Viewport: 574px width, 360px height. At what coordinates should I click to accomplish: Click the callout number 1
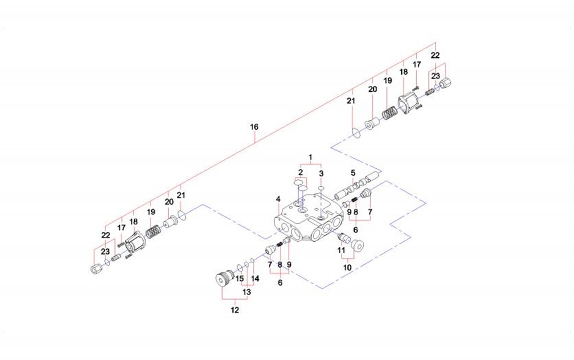[x=311, y=157]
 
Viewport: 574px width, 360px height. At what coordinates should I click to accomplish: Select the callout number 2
[x=300, y=173]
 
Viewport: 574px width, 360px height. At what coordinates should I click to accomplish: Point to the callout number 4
[x=279, y=199]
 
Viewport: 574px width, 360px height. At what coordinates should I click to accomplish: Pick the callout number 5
[x=354, y=173]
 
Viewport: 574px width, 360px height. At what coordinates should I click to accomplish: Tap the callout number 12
[x=235, y=310]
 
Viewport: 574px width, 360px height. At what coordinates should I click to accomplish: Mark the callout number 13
[x=246, y=292]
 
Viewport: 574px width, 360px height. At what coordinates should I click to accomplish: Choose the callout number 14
[x=255, y=279]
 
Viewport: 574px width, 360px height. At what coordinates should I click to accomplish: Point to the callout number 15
[x=239, y=279]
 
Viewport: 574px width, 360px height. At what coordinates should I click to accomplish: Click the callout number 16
[x=254, y=127]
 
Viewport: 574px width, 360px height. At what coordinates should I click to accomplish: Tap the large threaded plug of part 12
[x=223, y=279]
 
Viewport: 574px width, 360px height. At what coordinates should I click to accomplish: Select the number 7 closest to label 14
[x=270, y=264]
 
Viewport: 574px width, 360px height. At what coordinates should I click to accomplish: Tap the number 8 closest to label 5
[x=356, y=211]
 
